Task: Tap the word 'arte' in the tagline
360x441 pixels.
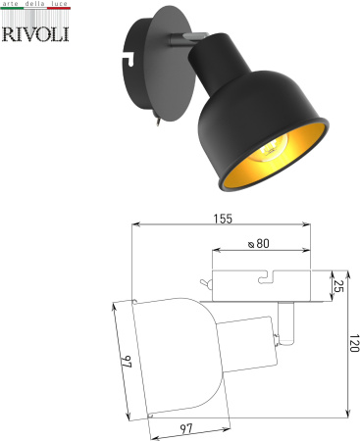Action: pyautogui.click(x=13, y=7)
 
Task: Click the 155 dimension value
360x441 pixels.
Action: pyautogui.click(x=222, y=220)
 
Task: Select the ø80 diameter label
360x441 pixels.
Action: pyautogui.click(x=259, y=244)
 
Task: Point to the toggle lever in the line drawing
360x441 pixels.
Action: pyautogui.click(x=204, y=284)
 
